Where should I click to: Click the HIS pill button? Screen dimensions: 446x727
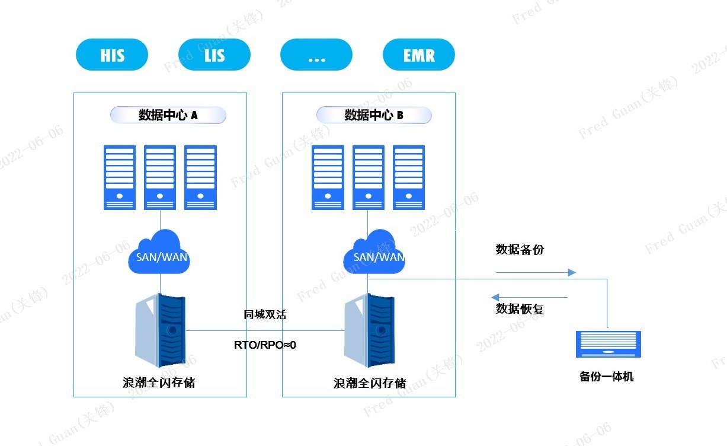pyautogui.click(x=112, y=55)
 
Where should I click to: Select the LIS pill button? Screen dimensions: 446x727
pyautogui.click(x=214, y=55)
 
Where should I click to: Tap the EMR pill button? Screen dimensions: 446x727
pyautogui.click(x=419, y=55)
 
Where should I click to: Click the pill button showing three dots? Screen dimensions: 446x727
pyautogui.click(x=316, y=55)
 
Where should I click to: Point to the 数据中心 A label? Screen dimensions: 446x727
pyautogui.click(x=168, y=115)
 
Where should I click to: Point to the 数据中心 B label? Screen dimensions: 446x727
pyautogui.click(x=374, y=115)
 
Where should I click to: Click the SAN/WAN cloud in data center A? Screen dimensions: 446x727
pyautogui.click(x=159, y=255)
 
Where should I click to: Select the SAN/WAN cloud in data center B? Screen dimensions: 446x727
pyautogui.click(x=374, y=255)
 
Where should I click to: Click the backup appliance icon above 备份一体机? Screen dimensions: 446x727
pyautogui.click(x=608, y=345)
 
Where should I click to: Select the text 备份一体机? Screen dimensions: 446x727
pyautogui.click(x=606, y=377)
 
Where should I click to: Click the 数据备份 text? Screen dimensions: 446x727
pyautogui.click(x=520, y=250)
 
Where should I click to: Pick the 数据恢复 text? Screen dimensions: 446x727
pyautogui.click(x=520, y=309)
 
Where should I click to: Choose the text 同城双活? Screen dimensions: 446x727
pyautogui.click(x=265, y=315)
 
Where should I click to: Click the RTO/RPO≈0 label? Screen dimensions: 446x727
pyautogui.click(x=265, y=345)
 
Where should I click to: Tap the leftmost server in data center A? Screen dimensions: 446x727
pyautogui.click(x=120, y=177)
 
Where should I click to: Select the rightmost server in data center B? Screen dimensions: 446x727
pyautogui.click(x=409, y=177)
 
